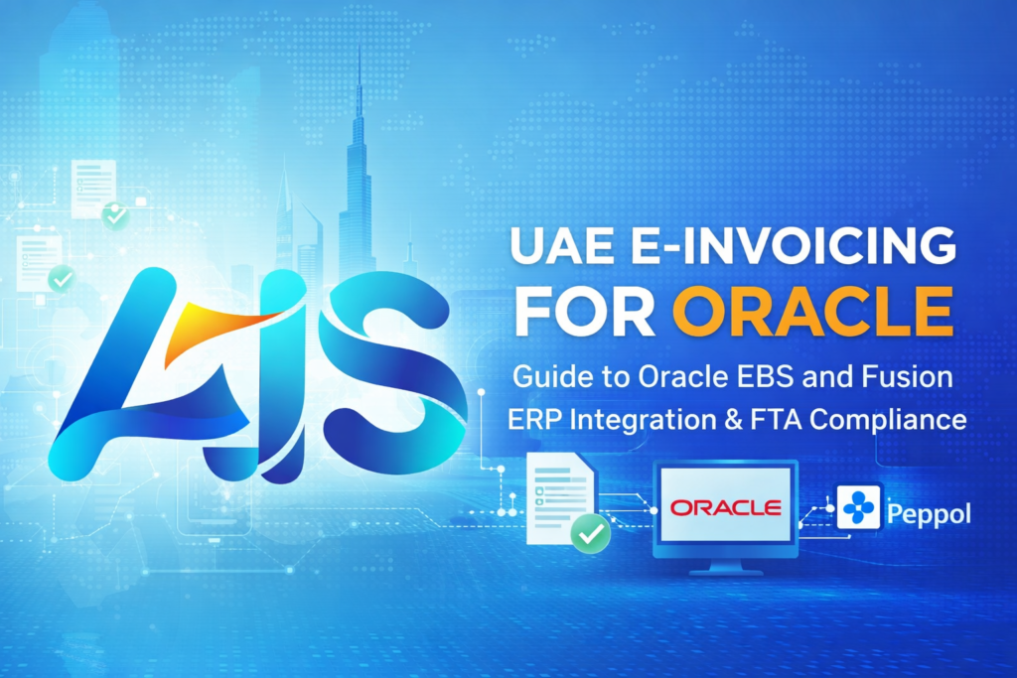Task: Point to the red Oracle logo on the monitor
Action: tap(725, 508)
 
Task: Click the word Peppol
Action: tap(931, 515)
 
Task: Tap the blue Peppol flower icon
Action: tap(859, 507)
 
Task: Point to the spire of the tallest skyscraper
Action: tap(360, 79)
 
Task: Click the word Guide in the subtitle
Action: tap(541, 378)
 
